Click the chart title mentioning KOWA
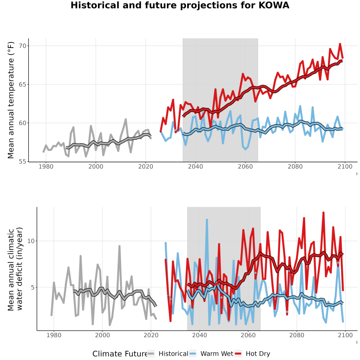pyautogui.click(x=180, y=5)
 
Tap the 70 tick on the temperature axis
pyautogui.click(x=22, y=46)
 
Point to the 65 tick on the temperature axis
pyautogui.click(x=22, y=84)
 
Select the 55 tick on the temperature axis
pyautogui.click(x=22, y=162)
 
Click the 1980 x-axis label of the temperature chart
pyautogui.click(x=46, y=166)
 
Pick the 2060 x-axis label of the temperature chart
pyautogui.click(x=245, y=166)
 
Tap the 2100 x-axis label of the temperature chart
pyautogui.click(x=345, y=166)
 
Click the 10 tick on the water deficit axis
pyautogui.click(x=31, y=241)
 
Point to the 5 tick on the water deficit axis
pyautogui.click(x=33, y=288)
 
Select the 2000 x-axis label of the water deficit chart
pyautogui.click(x=102, y=335)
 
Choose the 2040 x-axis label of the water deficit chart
pyautogui.click(x=200, y=335)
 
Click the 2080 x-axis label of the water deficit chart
pyautogui.click(x=297, y=335)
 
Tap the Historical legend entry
pyautogui.click(x=168, y=354)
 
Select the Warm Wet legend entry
pyautogui.click(x=211, y=354)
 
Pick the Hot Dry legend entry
pyautogui.click(x=252, y=354)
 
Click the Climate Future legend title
pyautogui.click(x=120, y=354)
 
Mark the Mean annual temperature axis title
pyautogui.click(x=11, y=100)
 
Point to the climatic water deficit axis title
pyautogui.click(x=15, y=269)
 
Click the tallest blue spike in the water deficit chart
pyautogui.click(x=207, y=220)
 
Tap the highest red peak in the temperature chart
pyautogui.click(x=340, y=44)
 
